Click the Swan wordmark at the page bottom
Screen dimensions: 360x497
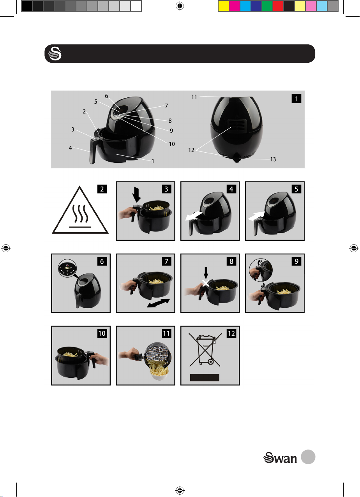[280, 458]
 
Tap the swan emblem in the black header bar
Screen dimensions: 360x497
[55, 53]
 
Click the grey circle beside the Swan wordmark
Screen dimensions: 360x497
[308, 457]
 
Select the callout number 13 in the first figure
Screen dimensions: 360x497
[273, 159]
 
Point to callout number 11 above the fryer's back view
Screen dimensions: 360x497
[194, 97]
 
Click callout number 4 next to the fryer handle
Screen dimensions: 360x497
[71, 148]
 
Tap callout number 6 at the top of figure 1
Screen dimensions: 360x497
[106, 96]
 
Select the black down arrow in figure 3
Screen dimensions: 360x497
[136, 194]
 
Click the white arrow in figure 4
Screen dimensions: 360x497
[194, 216]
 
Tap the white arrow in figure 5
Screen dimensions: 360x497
[256, 216]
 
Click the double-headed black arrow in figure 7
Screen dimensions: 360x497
[159, 303]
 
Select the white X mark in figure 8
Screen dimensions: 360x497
[206, 283]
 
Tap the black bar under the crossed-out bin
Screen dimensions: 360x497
[205, 378]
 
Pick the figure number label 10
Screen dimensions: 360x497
[102, 333]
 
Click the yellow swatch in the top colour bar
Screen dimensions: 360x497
[223, 6]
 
